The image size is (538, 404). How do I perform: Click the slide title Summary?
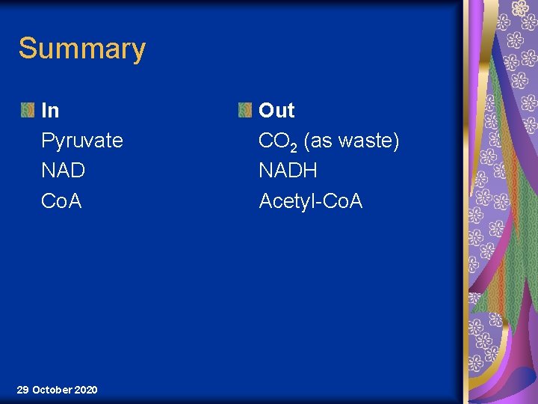tap(81, 49)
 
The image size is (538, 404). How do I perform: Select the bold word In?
tap(50, 111)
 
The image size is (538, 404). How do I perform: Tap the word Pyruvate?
tap(82, 141)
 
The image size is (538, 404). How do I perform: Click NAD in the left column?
tap(63, 171)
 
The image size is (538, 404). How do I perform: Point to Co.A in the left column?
tap(61, 201)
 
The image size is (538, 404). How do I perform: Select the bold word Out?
tap(276, 111)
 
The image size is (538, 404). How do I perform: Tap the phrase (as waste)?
tap(351, 141)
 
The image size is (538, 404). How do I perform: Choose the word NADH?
tap(288, 171)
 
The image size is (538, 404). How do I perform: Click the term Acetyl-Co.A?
tap(310, 201)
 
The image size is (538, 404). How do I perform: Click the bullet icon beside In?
tap(27, 111)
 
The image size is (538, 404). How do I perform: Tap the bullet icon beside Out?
tap(244, 111)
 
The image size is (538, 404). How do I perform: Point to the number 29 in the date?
tap(22, 390)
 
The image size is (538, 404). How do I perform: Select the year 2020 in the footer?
tap(85, 390)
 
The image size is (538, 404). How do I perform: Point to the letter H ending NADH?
tap(311, 171)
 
